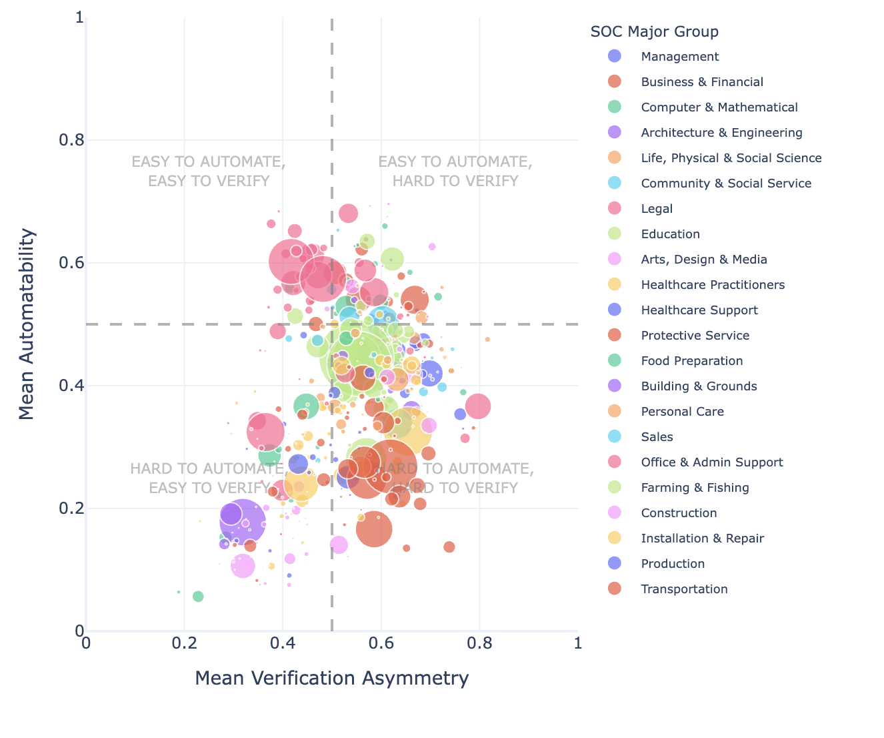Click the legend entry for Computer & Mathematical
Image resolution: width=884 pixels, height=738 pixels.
tap(719, 107)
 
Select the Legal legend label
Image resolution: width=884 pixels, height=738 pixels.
tap(656, 209)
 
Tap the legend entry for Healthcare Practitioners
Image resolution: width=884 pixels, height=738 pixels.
tap(712, 285)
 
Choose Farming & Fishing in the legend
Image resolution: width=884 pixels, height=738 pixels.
tap(695, 488)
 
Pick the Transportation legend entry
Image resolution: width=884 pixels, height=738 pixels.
tap(684, 589)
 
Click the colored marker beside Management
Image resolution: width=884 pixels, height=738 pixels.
tap(615, 57)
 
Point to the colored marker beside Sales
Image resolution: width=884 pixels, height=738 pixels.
tap(615, 437)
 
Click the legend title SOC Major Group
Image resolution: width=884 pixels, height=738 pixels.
tap(654, 31)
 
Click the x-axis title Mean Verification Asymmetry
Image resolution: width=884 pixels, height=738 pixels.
tap(331, 678)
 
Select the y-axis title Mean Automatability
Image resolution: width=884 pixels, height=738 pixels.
tap(27, 324)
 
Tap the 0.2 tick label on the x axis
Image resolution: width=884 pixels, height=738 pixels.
tap(184, 643)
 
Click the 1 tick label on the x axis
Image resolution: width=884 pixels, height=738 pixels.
tap(577, 643)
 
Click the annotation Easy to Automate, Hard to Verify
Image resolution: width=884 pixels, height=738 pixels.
tap(455, 171)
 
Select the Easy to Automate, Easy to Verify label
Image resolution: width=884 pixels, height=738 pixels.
tap(209, 171)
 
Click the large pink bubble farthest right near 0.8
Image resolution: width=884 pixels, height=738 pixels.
tap(478, 406)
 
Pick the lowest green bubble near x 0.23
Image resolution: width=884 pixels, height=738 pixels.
tap(198, 597)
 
